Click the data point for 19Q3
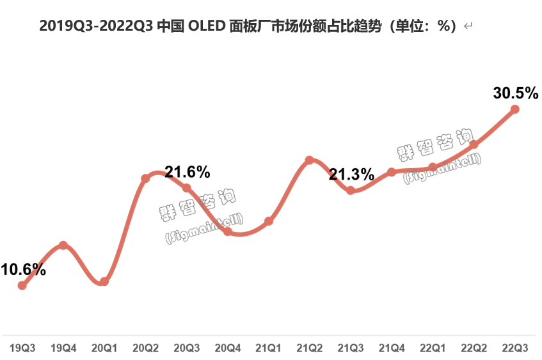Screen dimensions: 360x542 click(x=22, y=285)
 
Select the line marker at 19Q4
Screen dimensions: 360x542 click(x=63, y=245)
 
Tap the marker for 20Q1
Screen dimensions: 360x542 click(x=104, y=281)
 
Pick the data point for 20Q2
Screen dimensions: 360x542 click(x=145, y=178)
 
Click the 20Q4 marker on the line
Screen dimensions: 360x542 click(x=228, y=231)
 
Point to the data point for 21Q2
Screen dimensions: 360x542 click(x=310, y=160)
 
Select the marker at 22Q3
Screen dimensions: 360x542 click(x=515, y=109)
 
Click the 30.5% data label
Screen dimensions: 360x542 click(x=515, y=93)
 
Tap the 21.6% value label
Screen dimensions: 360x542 click(x=187, y=171)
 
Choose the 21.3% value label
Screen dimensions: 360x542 click(x=351, y=174)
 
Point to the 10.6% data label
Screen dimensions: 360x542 click(x=24, y=269)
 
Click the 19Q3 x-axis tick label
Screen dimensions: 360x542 click(x=22, y=348)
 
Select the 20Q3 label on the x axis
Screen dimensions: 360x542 click(x=187, y=348)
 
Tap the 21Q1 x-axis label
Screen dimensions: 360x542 click(x=269, y=348)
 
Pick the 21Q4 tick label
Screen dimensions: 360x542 click(x=392, y=348)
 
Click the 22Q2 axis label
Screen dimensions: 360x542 click(x=474, y=348)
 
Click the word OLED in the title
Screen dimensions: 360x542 click(x=206, y=26)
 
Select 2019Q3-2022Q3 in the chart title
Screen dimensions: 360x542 click(x=96, y=26)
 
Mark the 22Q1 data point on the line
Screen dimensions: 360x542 click(x=433, y=168)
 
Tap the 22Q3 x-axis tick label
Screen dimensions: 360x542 click(x=515, y=348)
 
